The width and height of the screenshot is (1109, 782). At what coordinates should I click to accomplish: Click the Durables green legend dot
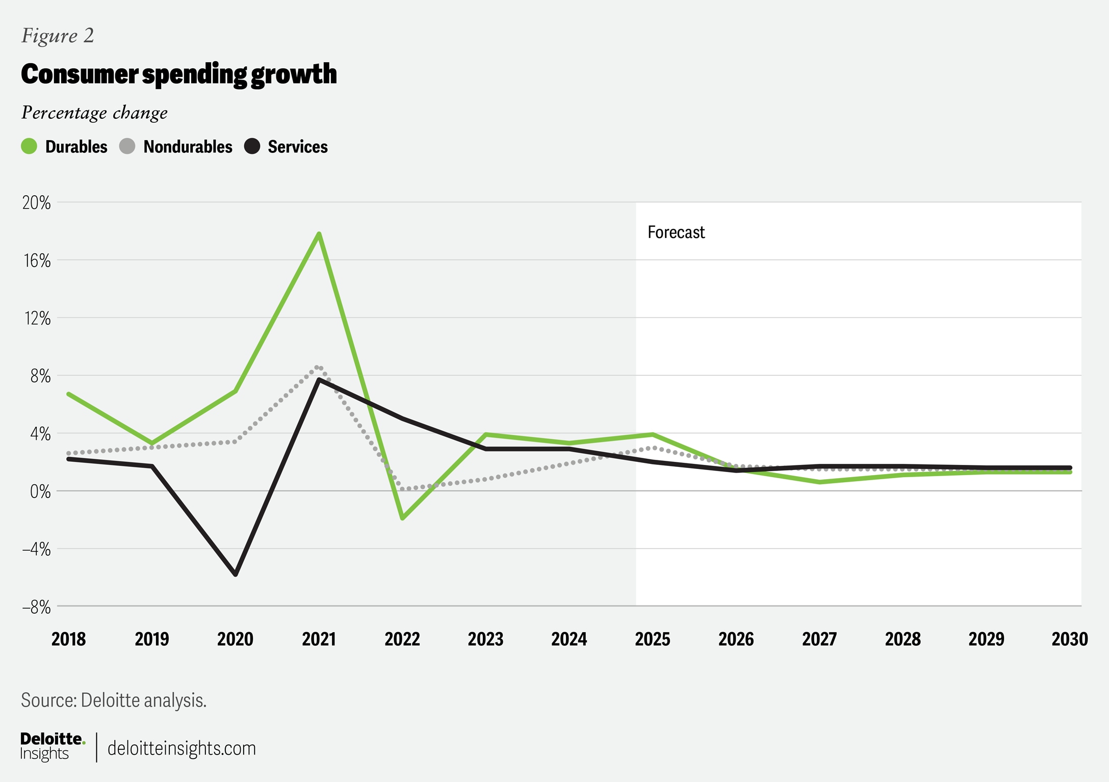pos(29,146)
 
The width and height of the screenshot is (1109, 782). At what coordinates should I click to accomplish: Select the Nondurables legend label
pos(188,147)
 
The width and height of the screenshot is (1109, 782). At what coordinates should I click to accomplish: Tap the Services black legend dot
pos(252,146)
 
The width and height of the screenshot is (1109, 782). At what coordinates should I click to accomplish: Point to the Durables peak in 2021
pos(319,234)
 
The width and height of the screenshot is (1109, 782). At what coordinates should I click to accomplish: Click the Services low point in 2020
pos(236,575)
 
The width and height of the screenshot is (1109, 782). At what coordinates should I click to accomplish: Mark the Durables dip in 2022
pos(402,518)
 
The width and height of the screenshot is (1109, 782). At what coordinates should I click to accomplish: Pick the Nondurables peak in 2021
pos(318,367)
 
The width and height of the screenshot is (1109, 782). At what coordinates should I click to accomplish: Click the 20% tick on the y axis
pos(37,203)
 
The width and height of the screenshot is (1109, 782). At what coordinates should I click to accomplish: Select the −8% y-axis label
pos(36,607)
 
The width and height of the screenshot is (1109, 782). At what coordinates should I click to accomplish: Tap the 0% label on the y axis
pos(40,492)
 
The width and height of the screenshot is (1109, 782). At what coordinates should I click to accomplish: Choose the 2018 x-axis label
pos(68,639)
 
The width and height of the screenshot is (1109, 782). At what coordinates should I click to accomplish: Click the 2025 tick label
pos(652,639)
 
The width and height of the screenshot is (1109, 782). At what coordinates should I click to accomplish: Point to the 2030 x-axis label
pos(1069,639)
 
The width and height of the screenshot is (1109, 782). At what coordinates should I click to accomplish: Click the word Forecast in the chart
pos(676,232)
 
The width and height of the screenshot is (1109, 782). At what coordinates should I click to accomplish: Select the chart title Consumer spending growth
pos(179,74)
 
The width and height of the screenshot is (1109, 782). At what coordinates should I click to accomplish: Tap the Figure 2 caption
pos(58,36)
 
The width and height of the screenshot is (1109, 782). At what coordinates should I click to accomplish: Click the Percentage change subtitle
pos(94,113)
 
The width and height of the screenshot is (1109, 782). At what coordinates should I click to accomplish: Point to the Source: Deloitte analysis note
pos(114,700)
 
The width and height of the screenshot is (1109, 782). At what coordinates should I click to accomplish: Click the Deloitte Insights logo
pos(52,747)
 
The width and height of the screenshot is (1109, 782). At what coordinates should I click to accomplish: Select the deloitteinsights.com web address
pos(182,748)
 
